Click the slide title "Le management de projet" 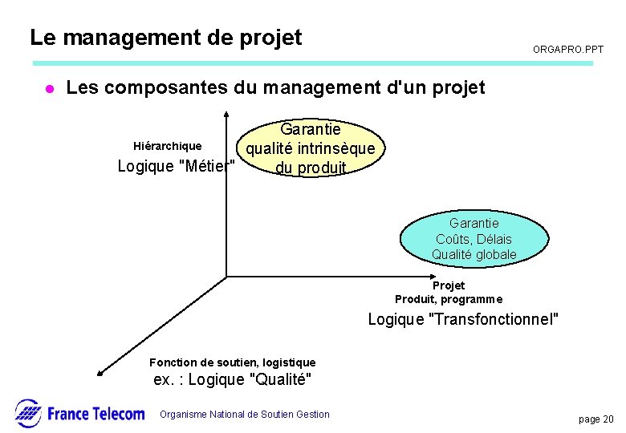coord(165,38)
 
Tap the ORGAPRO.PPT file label coord(568,50)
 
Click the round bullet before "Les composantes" coord(48,89)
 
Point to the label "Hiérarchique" coord(167,146)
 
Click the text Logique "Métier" coord(177,167)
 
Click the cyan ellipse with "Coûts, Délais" coord(474,238)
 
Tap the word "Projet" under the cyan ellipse coord(449,285)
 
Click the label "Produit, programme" coord(449,299)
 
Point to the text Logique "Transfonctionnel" coord(463,320)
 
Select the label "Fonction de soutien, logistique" coord(233,362)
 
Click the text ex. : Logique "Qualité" coord(233,379)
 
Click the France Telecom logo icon coord(28,413)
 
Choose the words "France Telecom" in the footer coord(96,414)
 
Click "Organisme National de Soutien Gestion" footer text coord(245,415)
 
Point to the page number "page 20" coord(596,419)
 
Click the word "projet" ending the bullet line coord(458,88)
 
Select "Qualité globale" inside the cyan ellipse coord(474,255)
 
